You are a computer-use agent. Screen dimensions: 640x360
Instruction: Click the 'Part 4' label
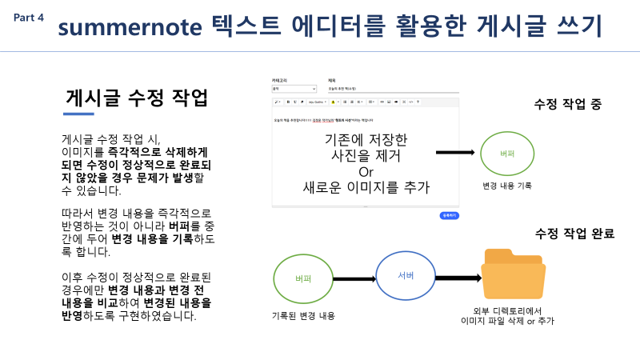click(x=29, y=17)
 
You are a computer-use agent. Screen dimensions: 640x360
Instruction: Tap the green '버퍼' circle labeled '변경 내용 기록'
click(x=506, y=152)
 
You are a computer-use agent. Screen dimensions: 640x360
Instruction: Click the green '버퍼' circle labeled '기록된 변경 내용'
click(x=302, y=278)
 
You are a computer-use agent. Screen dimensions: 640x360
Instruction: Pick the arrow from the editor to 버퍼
click(x=456, y=152)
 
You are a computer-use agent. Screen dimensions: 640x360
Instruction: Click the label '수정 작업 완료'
click(x=575, y=234)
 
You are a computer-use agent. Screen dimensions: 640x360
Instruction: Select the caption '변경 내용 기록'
click(x=506, y=186)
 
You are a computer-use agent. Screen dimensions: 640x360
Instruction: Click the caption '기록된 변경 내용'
click(x=302, y=315)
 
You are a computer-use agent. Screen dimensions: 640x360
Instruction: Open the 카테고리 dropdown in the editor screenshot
click(x=294, y=89)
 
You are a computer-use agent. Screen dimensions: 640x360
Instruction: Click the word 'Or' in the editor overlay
click(x=366, y=172)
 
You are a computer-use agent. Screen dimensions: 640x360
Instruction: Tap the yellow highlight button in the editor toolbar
click(x=333, y=102)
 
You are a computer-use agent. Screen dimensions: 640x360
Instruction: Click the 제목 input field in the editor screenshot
click(x=392, y=89)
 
